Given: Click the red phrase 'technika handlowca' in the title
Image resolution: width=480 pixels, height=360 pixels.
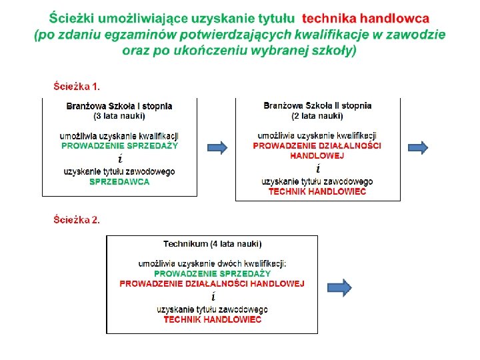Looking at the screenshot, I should point(366,19).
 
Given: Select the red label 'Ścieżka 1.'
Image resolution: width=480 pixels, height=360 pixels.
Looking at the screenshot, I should point(77,86).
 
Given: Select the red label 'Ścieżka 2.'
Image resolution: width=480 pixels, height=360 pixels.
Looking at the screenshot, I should point(77,220).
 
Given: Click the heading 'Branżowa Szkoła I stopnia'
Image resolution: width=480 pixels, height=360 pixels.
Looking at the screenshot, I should point(119,105).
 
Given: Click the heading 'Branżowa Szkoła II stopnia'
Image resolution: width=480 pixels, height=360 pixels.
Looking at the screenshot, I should point(317,105).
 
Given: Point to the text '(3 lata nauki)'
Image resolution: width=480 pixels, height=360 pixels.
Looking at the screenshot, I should point(119,115).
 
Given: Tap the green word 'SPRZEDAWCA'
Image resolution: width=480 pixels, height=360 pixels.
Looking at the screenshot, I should point(119,181).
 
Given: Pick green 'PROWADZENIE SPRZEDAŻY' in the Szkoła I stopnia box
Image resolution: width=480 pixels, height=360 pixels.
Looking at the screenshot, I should point(119,145).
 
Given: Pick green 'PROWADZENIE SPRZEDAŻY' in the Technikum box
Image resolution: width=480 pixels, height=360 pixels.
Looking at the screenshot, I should point(212,273).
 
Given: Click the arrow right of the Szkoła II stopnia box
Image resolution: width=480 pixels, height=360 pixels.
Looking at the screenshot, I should point(417,147).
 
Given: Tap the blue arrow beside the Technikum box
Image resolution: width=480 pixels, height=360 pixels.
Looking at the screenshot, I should point(339,287).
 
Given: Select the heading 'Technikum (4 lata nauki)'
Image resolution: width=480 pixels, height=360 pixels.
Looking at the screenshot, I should point(212,244).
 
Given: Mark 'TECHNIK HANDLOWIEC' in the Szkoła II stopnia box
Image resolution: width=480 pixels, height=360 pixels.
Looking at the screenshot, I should point(317,191).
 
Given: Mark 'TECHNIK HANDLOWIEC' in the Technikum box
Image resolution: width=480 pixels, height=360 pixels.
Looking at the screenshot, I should point(212,319).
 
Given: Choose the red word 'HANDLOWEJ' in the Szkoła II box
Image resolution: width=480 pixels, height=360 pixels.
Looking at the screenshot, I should point(317,155).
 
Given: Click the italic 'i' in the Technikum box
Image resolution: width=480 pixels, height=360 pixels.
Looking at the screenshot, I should point(213,296).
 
